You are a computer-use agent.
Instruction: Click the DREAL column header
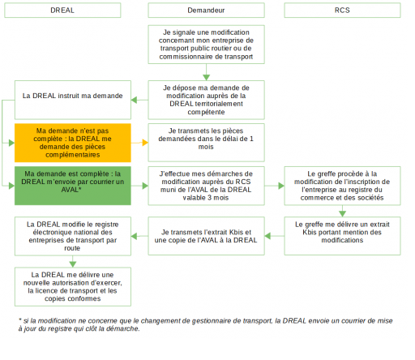(62, 11)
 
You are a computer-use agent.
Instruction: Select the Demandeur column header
(206, 11)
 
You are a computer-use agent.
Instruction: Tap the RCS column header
(342, 11)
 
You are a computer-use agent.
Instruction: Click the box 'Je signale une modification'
(206, 45)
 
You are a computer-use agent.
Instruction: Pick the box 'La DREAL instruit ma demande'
(73, 100)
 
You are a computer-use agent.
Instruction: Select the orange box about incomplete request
(73, 143)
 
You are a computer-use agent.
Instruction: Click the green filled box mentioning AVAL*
(73, 186)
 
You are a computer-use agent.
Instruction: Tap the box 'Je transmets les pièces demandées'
(206, 143)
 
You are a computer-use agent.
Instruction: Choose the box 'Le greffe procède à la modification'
(342, 186)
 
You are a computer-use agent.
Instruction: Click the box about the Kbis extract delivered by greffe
(342, 236)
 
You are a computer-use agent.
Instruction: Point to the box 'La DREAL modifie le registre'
(73, 236)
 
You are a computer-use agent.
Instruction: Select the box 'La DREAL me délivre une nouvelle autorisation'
(73, 287)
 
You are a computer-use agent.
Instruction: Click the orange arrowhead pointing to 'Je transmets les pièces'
(145, 143)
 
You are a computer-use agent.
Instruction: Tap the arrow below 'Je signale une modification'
(206, 72)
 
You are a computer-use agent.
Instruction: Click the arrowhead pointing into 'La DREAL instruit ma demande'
(134, 100)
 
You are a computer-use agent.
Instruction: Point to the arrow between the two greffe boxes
(342, 211)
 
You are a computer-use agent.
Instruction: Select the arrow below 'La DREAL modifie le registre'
(73, 261)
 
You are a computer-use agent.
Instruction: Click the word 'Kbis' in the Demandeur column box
(236, 232)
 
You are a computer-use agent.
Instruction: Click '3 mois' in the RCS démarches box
(218, 198)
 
